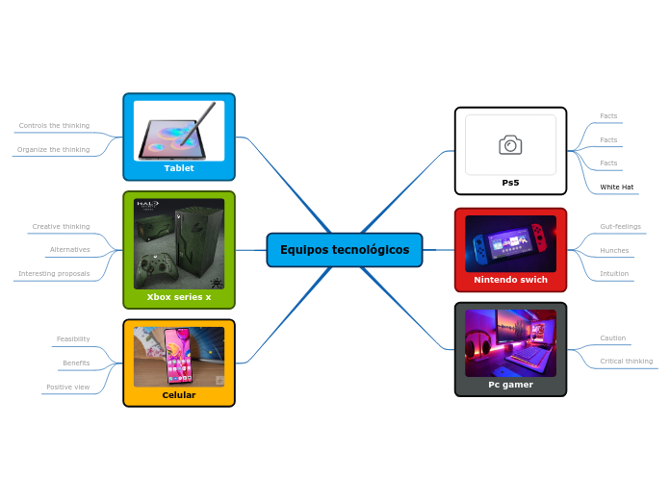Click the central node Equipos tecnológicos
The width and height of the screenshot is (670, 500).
click(x=345, y=250)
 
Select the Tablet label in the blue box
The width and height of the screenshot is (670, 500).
click(x=179, y=168)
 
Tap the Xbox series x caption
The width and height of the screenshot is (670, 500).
click(x=179, y=297)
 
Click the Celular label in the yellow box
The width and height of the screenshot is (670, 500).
click(x=179, y=395)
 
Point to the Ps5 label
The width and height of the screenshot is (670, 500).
click(x=510, y=183)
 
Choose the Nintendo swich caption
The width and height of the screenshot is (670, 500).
click(x=510, y=280)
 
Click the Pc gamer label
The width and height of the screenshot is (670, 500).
click(x=510, y=385)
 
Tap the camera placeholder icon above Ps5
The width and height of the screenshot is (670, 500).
click(x=510, y=145)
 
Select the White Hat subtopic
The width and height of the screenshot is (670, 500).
click(x=617, y=187)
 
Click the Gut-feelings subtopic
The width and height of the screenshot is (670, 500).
click(x=620, y=227)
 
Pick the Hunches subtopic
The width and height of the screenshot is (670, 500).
click(x=614, y=250)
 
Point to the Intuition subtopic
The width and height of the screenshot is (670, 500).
click(x=614, y=273)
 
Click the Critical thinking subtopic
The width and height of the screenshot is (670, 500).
click(x=627, y=362)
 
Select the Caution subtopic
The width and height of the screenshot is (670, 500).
click(x=613, y=338)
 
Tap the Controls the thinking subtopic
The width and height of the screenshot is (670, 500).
click(x=54, y=126)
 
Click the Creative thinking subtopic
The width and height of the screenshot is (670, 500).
click(x=61, y=227)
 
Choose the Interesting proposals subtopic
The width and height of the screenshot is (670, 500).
click(x=54, y=273)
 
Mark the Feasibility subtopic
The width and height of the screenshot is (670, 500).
click(x=73, y=338)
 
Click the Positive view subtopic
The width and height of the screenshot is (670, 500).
click(x=67, y=387)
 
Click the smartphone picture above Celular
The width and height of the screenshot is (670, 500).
click(x=179, y=356)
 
